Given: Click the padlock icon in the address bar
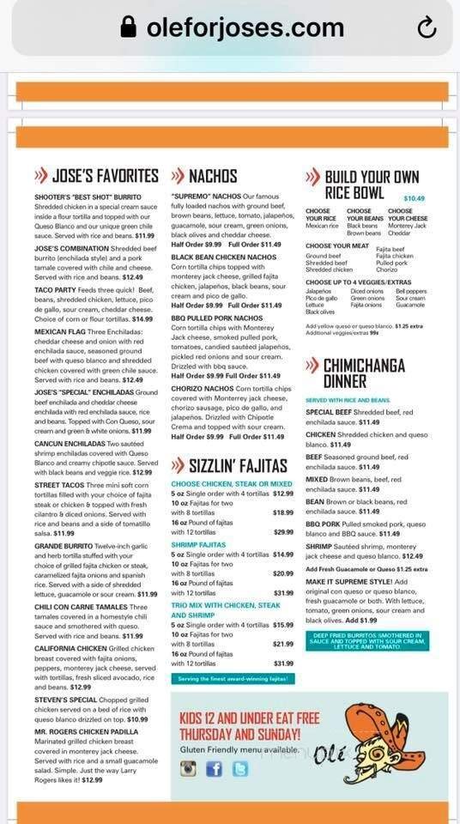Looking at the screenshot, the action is coord(129,29).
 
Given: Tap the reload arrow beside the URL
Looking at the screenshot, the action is coord(427,29).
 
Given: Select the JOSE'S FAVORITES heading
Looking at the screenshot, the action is coord(105,176).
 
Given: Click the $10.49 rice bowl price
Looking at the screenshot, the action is coord(414,198).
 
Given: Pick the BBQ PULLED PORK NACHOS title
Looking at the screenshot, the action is coord(214,318).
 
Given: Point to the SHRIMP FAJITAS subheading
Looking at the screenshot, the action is coord(198,544).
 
